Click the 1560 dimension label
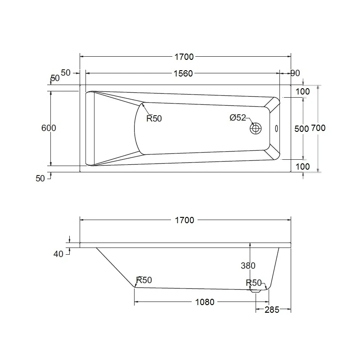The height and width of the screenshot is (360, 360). [183, 73]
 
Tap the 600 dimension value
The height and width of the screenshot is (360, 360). [49, 128]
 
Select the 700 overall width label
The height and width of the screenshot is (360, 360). [318, 128]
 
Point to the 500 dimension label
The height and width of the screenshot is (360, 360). [301, 129]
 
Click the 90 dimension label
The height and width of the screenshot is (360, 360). [295, 73]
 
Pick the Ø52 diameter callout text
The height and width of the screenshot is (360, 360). [238, 117]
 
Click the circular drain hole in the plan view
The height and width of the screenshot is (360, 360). [256, 128]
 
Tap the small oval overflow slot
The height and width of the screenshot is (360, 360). [276, 129]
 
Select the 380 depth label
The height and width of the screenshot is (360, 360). [248, 265]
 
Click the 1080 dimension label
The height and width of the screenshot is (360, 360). [205, 302]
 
